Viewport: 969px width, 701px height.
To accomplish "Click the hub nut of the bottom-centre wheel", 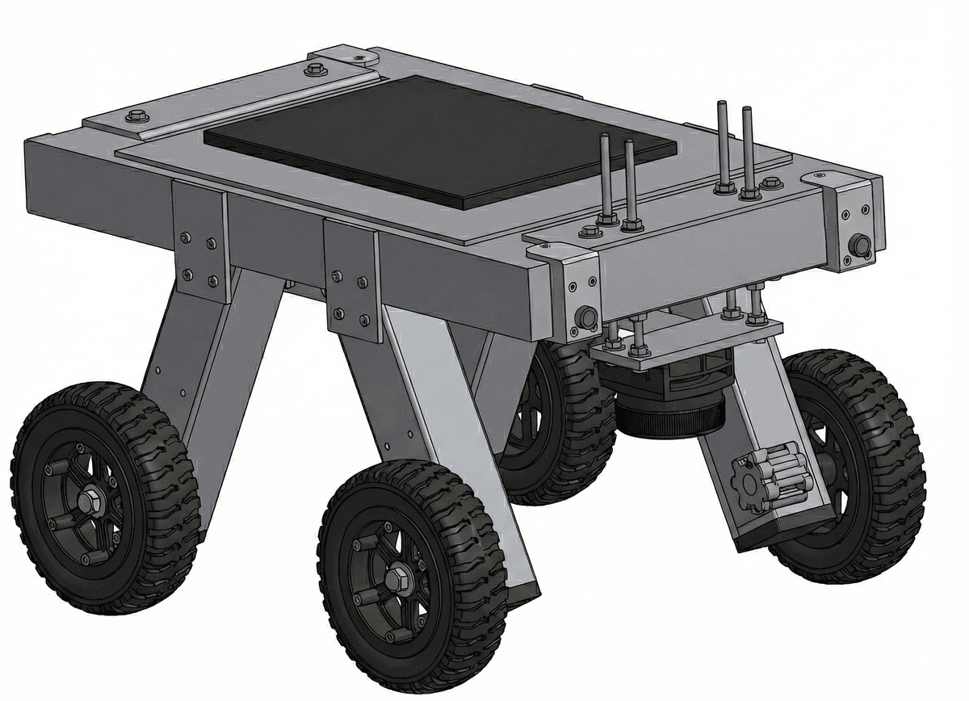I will pyautogui.click(x=396, y=578).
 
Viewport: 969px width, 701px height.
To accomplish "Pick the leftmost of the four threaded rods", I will pyautogui.click(x=603, y=178).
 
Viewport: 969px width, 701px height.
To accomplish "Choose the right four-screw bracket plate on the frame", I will pyautogui.click(x=351, y=280).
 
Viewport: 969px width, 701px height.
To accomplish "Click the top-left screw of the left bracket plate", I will pyautogui.click(x=186, y=237).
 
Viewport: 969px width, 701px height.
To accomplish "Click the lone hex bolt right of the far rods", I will pyautogui.click(x=772, y=183).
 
